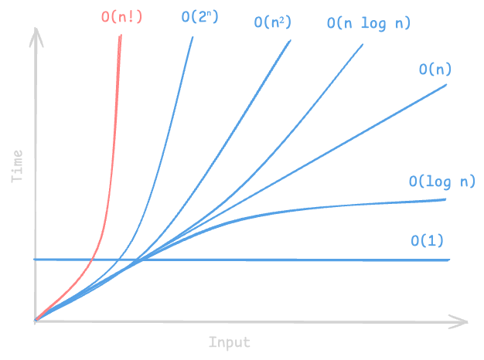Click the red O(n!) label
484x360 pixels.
pos(121,17)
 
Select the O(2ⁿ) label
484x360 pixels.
pos(199,17)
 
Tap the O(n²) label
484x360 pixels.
pos(273,22)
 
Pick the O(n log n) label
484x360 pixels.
pos(369,23)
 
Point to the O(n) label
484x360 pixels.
pos(435,69)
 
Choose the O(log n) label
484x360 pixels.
pos(442,182)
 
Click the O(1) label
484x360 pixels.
pos(428,240)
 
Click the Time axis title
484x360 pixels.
pos(17,166)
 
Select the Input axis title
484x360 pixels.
pos(230,342)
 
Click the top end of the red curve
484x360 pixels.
pos(121,36)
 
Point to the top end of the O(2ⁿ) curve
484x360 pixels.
pos(193,37)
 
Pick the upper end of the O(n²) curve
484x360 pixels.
pos(290,40)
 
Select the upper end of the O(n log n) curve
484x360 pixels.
pos(363,45)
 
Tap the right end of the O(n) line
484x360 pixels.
pos(446,85)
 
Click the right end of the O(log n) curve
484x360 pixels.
pos(445,199)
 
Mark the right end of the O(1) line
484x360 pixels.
pos(449,260)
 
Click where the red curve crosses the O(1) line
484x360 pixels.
pos(92,260)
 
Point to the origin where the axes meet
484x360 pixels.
pos(36,321)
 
